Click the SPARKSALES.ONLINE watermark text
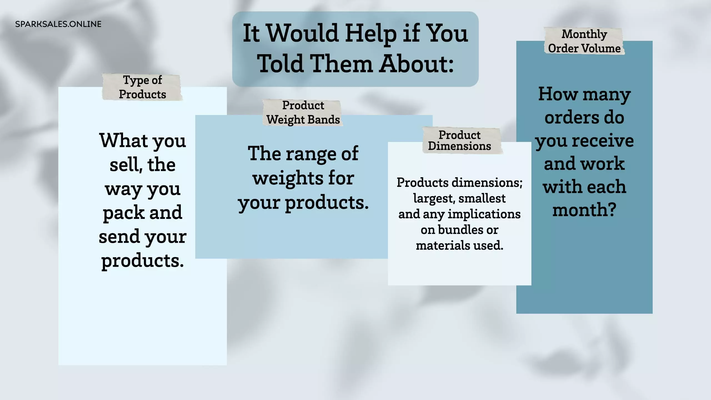[x=58, y=24]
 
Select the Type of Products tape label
[x=142, y=87]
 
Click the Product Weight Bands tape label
[x=303, y=112]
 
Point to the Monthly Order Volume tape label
[x=584, y=41]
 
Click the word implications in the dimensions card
[x=484, y=214]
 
